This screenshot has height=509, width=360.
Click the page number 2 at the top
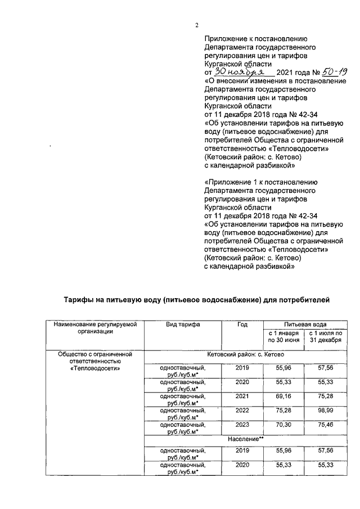[197, 24]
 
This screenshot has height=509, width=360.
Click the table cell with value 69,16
[284, 398]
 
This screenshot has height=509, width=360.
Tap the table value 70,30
[284, 426]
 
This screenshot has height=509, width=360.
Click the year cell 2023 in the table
[242, 426]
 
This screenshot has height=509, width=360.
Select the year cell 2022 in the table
[242, 412]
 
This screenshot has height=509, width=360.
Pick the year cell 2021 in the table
[242, 398]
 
